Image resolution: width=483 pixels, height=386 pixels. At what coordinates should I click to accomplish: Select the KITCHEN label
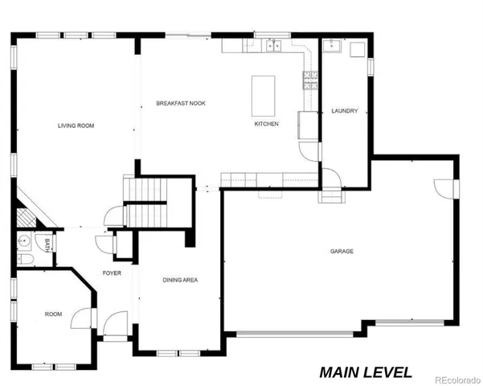point(266,125)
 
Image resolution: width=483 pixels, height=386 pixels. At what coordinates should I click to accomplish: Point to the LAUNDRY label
point(344,112)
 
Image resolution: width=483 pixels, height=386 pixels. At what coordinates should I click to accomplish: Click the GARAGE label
point(342,252)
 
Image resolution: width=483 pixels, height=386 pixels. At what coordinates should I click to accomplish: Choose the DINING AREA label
point(180,280)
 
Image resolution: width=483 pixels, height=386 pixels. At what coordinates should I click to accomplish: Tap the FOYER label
point(112,273)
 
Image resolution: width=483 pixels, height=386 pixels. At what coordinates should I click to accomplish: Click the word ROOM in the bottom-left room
point(53,314)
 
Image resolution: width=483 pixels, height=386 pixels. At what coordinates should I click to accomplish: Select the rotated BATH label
point(47,245)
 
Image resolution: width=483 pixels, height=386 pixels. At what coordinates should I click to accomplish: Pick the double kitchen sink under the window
point(274,45)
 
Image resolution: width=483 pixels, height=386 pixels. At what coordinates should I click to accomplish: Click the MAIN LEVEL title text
point(365,372)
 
